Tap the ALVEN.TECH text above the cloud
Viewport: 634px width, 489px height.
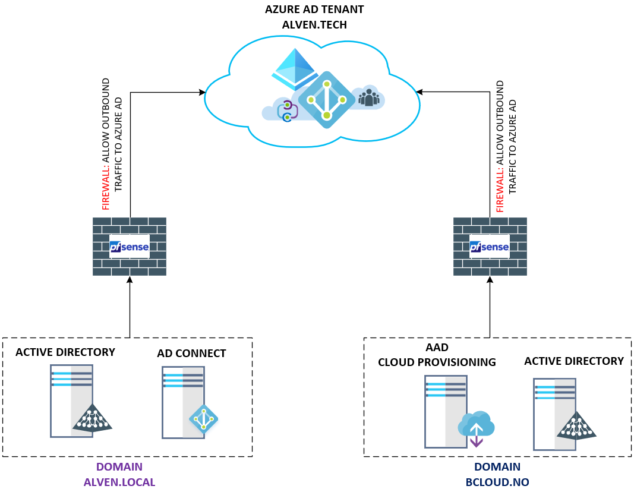[314, 25]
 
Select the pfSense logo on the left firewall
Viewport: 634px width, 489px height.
[129, 246]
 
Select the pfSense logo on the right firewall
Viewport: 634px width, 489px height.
[490, 247]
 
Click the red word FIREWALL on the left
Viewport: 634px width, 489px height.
[106, 191]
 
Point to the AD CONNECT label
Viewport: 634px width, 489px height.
[191, 354]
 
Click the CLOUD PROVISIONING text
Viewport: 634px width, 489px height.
[437, 362]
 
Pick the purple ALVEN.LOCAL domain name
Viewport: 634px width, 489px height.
[119, 482]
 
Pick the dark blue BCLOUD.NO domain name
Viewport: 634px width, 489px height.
[497, 482]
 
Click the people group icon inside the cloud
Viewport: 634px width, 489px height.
[369, 97]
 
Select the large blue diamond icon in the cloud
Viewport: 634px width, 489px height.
[326, 100]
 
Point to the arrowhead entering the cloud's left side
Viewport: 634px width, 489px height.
[202, 92]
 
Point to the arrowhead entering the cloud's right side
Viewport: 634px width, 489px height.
[419, 92]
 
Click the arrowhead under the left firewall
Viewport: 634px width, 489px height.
[130, 280]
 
